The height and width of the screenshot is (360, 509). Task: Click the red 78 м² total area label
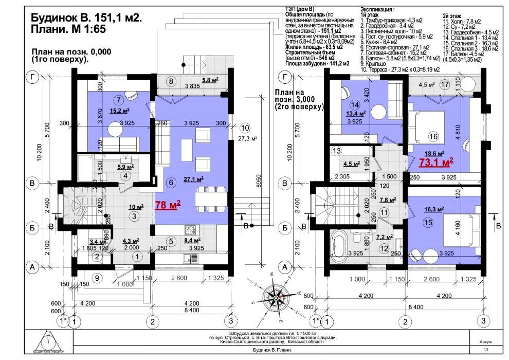coord(168,205)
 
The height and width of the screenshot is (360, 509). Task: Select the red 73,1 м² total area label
coord(436,163)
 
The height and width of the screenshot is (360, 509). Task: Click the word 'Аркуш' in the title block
coord(485,341)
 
